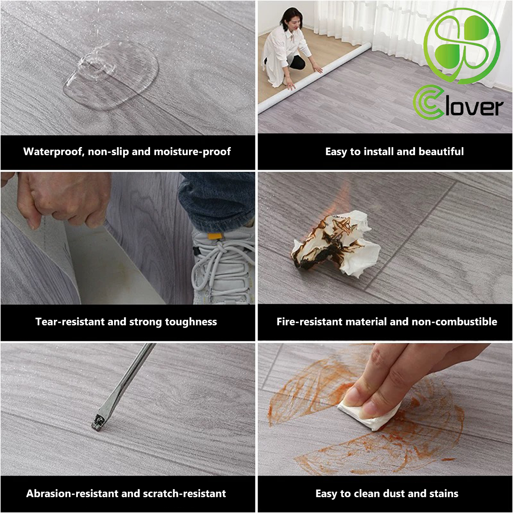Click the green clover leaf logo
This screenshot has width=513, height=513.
coord(462,45)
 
